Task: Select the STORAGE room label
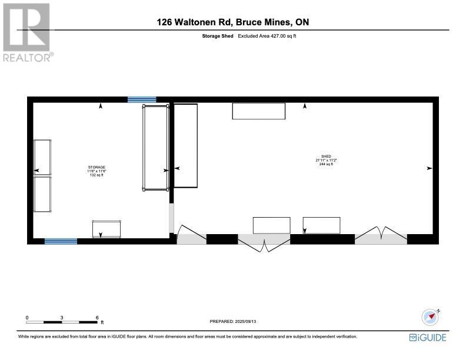[x=97, y=168]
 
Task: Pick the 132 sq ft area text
[x=97, y=175]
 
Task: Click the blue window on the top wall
[x=142, y=99]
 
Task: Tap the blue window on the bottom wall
[x=61, y=241]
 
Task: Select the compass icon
[x=431, y=316]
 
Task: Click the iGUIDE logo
[x=428, y=338]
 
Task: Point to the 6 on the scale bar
[x=97, y=317]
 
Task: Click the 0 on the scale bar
[x=27, y=317]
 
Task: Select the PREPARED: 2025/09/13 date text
[x=233, y=321]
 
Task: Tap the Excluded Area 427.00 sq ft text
[x=271, y=36]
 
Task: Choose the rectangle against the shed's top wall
[x=259, y=111]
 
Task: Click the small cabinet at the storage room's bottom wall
[x=106, y=228]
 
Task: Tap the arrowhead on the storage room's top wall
[x=101, y=106]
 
